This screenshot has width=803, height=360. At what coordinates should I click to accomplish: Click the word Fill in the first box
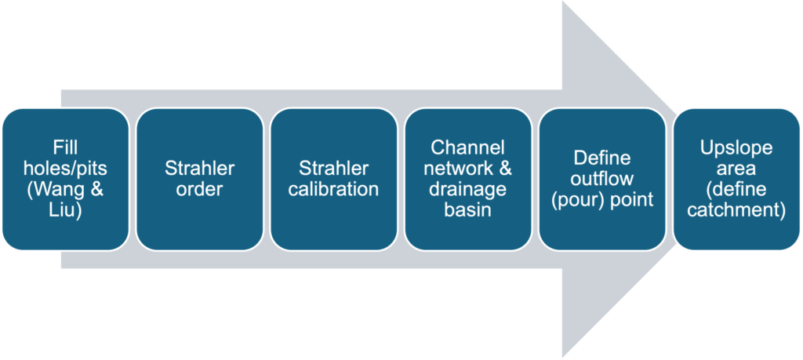pos(66,148)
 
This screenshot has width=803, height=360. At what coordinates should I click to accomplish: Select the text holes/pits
pos(66,169)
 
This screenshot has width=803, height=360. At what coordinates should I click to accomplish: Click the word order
pos(200,190)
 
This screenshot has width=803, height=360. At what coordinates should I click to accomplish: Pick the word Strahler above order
pos(200,169)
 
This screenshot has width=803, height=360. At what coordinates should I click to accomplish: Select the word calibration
pos(333,190)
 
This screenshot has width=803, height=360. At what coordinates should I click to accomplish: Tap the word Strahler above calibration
pos(333,169)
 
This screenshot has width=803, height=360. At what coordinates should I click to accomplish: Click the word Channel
pos(467,147)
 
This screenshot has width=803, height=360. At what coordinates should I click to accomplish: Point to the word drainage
pos(467,190)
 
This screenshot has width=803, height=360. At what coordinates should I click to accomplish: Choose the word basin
pos(467,210)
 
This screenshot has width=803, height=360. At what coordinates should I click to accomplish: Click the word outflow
pos(602,180)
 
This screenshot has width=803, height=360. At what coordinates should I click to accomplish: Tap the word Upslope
pos(736,147)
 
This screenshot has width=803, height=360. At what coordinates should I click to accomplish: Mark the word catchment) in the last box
pos(736,211)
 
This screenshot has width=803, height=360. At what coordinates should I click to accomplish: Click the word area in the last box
pos(736,169)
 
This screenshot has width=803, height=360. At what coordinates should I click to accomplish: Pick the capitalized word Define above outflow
pos(602,158)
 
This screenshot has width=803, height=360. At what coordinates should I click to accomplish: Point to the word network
pos(460,169)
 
